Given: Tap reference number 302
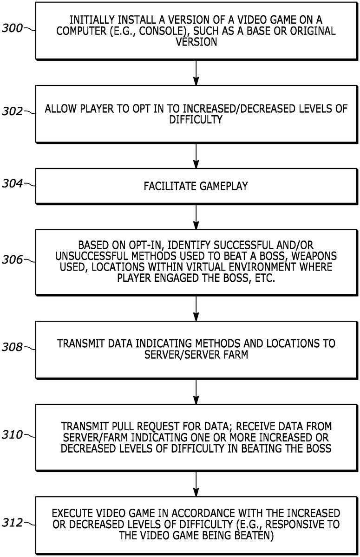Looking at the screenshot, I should (12, 111).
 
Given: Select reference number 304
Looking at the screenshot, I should (12, 184).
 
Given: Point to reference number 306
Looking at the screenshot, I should (12, 260).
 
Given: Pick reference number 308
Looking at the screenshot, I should (12, 347).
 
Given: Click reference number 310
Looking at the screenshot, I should (12, 435).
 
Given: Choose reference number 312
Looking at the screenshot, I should (12, 523).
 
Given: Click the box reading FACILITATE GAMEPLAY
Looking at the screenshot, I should (196, 186).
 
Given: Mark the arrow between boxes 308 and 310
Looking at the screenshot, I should (196, 390).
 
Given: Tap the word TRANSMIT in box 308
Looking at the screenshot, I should (79, 343).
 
